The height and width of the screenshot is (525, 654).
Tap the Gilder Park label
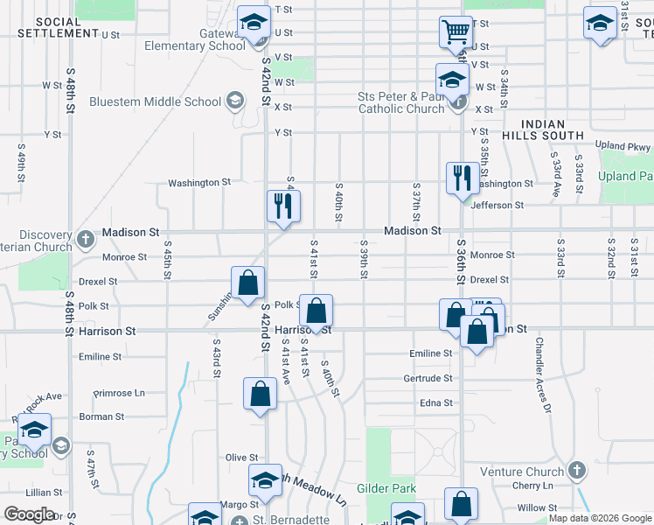pos(386,487)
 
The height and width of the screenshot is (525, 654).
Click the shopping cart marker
pos(455,31)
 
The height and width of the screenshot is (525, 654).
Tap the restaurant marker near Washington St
pos(459,178)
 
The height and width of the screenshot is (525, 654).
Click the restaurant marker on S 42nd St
pos(283,206)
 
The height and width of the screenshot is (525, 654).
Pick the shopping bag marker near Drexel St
pos(248,282)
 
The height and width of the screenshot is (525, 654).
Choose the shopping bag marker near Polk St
pos(316,309)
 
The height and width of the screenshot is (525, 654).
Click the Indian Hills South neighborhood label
pos(542,130)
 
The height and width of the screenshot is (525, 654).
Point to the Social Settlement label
pos(59,26)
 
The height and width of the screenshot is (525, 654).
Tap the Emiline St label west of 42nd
pos(100,357)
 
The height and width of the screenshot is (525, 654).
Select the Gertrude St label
pos(428,378)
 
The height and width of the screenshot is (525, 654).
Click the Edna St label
pos(435,403)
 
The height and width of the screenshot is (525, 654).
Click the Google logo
pos(29,514)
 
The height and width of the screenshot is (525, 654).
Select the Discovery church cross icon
pos(85,238)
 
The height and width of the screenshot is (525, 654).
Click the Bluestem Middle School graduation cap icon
pos(234,101)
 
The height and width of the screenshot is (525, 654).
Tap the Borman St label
pos(96,417)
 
